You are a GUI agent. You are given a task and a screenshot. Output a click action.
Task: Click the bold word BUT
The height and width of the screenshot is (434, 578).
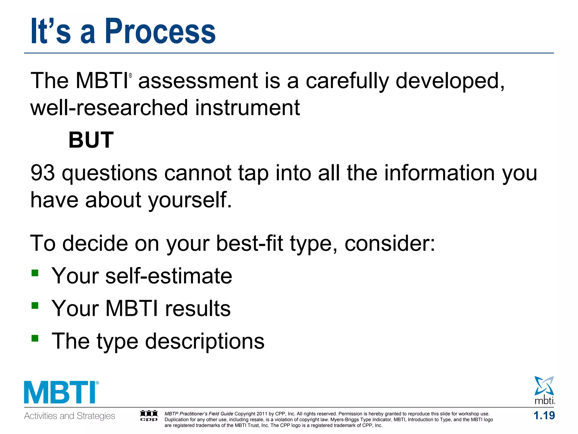91,140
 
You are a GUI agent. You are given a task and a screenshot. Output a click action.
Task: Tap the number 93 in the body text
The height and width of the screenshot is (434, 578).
42,173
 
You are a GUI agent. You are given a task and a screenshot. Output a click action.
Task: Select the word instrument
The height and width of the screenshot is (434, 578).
247,108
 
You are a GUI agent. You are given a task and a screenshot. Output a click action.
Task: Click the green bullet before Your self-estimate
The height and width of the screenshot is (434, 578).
35,273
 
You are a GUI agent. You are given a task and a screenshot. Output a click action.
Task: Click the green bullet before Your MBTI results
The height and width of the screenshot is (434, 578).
35,306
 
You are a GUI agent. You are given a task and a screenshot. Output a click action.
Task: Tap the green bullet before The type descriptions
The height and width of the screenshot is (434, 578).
35,338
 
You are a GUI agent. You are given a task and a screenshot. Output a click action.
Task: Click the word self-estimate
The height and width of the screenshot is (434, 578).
168,276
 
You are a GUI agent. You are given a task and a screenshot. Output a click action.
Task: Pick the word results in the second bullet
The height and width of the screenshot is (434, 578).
198,309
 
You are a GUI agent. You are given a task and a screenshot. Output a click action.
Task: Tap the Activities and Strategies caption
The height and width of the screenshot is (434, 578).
69,416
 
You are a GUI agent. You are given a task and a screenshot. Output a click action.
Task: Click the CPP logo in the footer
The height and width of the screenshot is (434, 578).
149,416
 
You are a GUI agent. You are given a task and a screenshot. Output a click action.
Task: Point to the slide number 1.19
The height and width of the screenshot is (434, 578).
544,416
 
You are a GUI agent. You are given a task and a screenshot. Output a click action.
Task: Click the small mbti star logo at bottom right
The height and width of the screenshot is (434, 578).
544,390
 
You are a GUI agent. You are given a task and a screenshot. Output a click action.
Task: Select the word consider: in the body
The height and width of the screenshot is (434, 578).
390,244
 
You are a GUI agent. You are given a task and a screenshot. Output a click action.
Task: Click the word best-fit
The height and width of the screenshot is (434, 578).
249,244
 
